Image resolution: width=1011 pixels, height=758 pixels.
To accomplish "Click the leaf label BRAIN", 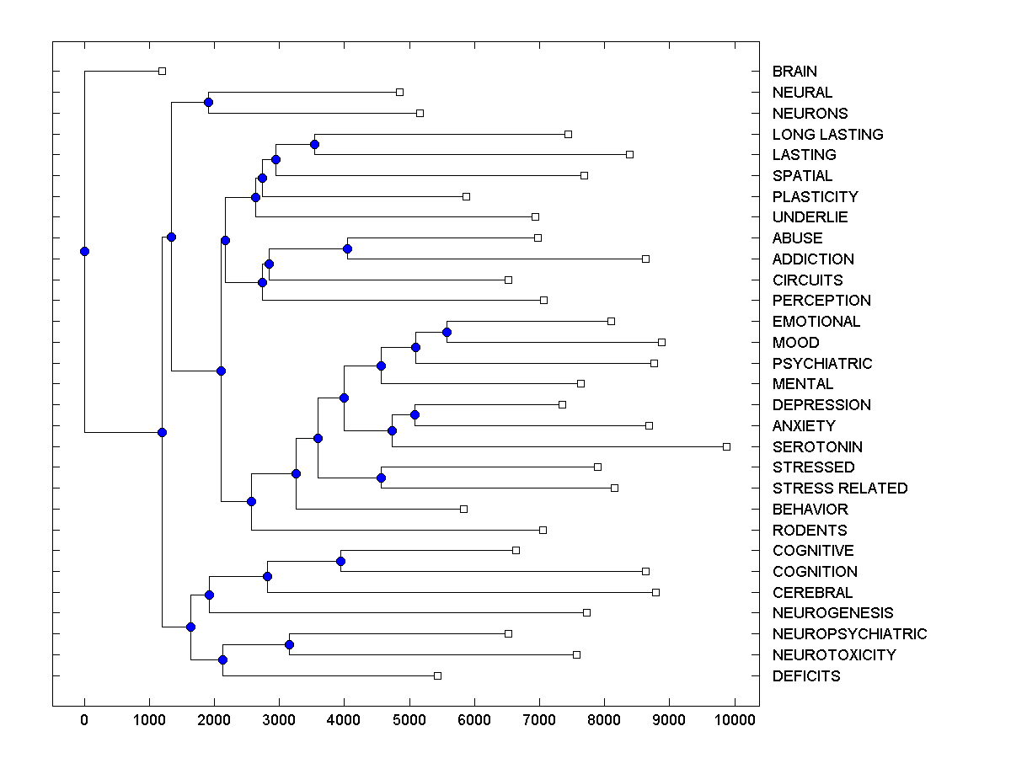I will point(794,72).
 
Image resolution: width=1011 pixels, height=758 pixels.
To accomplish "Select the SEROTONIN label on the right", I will point(817,446).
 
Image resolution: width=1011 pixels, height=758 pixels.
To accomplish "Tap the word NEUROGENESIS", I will point(832,613).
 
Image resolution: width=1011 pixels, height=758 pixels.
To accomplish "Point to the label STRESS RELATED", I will point(840,488).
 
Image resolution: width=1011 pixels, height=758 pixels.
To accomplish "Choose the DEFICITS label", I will point(806,675).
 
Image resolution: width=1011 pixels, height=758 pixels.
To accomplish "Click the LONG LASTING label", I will point(827,134).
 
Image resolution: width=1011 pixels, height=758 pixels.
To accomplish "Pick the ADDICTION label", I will point(813,259).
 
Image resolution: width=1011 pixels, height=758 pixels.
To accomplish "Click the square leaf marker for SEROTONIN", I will point(726,446).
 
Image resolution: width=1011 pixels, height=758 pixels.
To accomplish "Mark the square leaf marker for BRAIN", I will point(163,71).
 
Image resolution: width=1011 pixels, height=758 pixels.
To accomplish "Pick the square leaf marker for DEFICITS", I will point(437,675).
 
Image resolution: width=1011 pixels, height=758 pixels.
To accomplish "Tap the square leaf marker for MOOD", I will point(661,342).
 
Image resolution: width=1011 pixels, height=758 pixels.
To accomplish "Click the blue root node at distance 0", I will point(84,251).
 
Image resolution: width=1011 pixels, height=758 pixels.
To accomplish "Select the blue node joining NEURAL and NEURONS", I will point(208,102).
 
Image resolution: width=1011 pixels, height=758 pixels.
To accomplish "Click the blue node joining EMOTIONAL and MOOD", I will point(447,332).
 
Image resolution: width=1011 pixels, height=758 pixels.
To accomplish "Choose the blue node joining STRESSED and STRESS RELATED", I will point(381,478).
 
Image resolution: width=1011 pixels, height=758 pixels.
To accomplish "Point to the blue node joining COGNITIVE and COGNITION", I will point(340,561).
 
